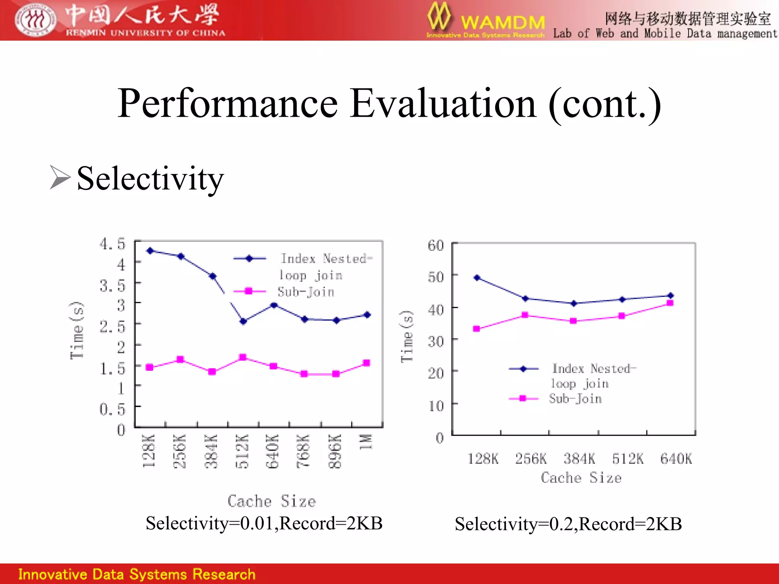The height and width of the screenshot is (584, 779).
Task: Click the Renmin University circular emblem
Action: [35, 20]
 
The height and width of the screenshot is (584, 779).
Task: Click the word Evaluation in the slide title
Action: [444, 103]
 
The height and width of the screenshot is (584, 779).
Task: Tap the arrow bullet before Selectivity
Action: [60, 178]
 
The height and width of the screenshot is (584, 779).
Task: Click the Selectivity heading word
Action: [150, 178]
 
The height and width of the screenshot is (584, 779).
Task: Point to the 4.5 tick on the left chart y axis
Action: [112, 244]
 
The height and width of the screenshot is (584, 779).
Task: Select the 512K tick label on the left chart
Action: [242, 451]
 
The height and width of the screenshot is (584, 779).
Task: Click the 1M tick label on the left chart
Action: [366, 442]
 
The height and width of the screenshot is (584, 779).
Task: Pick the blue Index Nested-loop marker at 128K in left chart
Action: [150, 251]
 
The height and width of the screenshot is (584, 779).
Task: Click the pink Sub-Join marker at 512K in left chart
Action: [243, 357]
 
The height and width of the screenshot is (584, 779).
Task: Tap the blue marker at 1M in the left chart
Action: [367, 315]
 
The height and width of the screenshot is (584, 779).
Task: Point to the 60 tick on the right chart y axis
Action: [436, 246]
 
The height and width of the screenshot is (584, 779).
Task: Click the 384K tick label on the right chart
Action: [579, 459]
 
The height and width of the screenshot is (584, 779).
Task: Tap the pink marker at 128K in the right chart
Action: [477, 329]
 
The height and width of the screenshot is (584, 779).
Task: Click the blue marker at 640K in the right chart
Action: [671, 295]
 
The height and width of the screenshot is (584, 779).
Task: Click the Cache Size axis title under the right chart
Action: [581, 478]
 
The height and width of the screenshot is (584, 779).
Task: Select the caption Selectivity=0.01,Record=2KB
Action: [264, 524]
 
